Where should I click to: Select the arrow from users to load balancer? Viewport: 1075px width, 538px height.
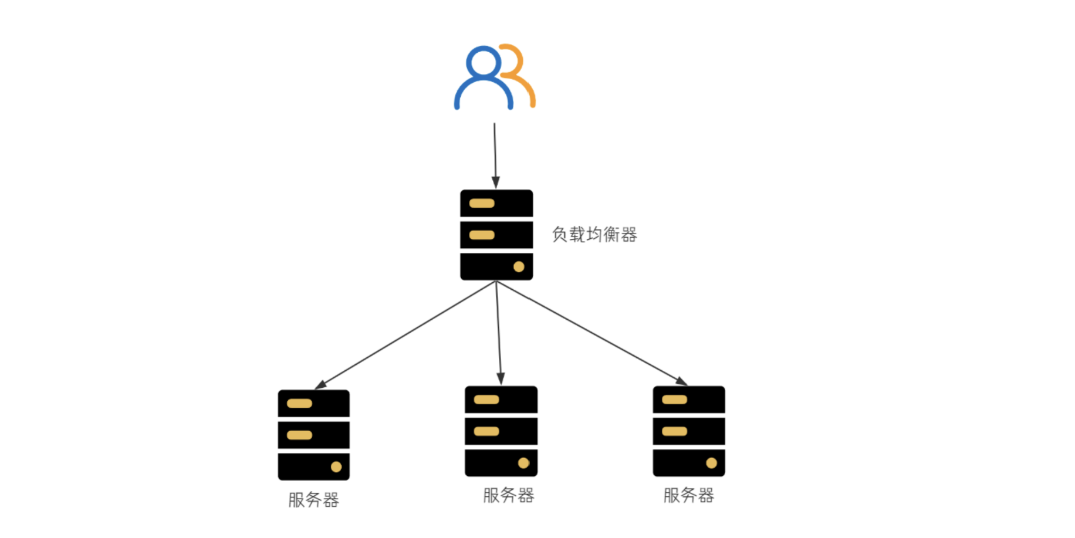[495, 155]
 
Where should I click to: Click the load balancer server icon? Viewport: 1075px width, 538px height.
[496, 235]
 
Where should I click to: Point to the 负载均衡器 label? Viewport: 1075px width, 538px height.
[594, 235]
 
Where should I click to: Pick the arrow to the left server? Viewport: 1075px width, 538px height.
[405, 335]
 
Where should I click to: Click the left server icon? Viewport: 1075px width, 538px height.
[313, 435]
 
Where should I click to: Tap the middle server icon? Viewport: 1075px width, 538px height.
[501, 431]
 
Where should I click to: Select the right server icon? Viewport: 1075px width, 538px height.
[688, 431]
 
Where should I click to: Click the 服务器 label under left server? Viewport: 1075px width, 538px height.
[313, 500]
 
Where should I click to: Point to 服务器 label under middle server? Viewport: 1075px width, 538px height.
[508, 496]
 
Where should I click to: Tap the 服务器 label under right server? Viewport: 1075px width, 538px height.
[688, 496]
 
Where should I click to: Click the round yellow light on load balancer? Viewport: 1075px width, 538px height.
[519, 267]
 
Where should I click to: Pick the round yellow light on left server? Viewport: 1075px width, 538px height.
[336, 467]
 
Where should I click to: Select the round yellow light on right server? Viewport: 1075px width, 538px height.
[711, 463]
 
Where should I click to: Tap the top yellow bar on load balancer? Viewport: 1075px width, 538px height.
[482, 204]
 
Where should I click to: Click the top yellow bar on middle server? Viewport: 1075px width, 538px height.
[486, 400]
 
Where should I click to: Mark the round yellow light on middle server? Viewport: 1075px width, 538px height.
[523, 463]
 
